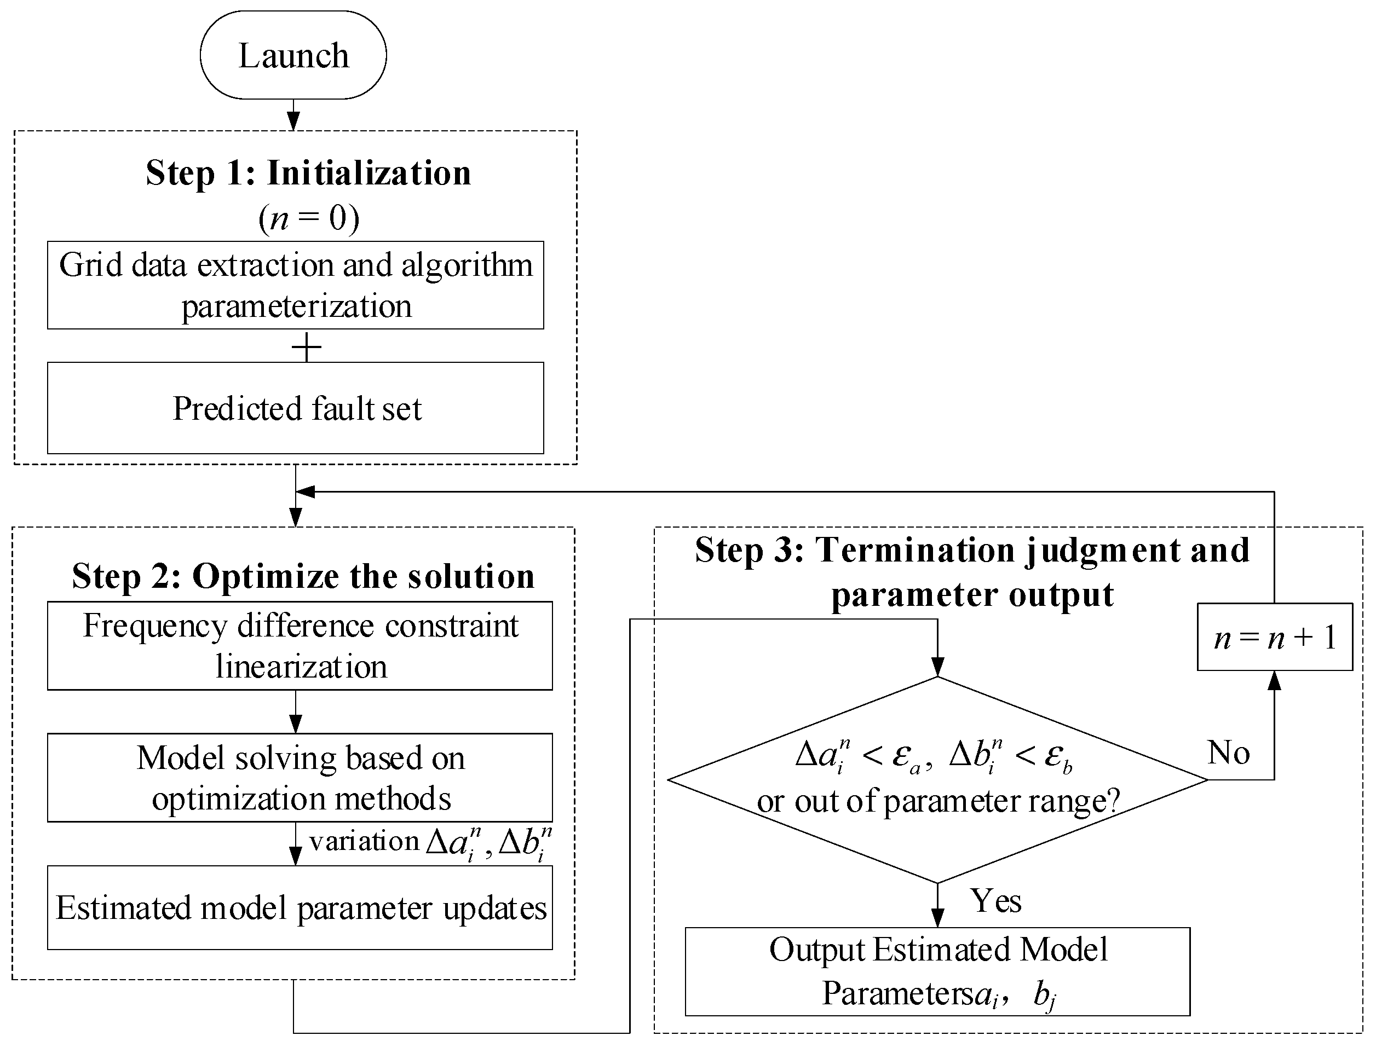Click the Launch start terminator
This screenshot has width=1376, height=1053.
tap(293, 55)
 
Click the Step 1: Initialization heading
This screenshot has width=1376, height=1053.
tap(308, 173)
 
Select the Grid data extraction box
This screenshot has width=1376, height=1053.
tap(295, 285)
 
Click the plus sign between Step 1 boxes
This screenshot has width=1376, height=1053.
tap(307, 346)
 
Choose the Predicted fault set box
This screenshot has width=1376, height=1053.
tap(295, 408)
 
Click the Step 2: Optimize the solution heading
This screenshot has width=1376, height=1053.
tap(303, 576)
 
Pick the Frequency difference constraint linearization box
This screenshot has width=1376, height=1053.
tap(300, 646)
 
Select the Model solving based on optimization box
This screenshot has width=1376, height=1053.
tap(300, 777)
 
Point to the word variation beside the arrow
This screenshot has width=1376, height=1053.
tap(364, 841)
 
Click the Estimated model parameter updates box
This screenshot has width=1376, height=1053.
tap(300, 907)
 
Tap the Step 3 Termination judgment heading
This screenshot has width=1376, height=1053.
tap(972, 571)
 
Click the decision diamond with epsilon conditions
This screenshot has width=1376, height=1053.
tap(937, 780)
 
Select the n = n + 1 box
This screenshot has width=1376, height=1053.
tap(1274, 638)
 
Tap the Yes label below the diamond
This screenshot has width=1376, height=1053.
tap(995, 901)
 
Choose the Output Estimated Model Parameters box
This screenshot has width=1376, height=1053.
tap(937, 971)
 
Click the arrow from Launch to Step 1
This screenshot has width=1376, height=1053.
tap(293, 115)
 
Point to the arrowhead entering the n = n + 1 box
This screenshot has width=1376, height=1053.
tap(1274, 681)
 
